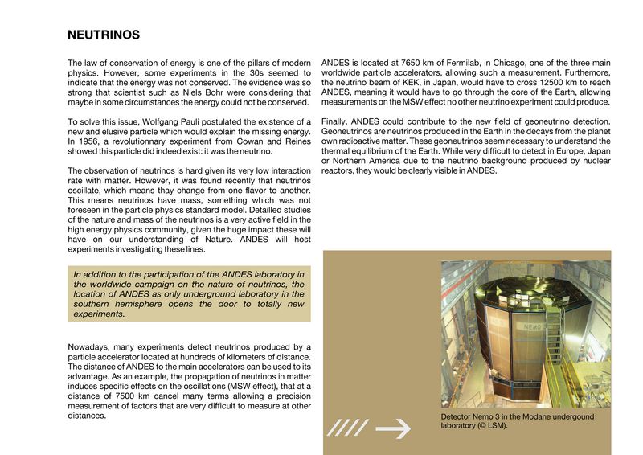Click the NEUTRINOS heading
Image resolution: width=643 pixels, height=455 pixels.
pyautogui.click(x=104, y=35)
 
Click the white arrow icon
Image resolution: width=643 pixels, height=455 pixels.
pyautogui.click(x=393, y=429)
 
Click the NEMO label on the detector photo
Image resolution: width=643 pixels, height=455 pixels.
pyautogui.click(x=537, y=327)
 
